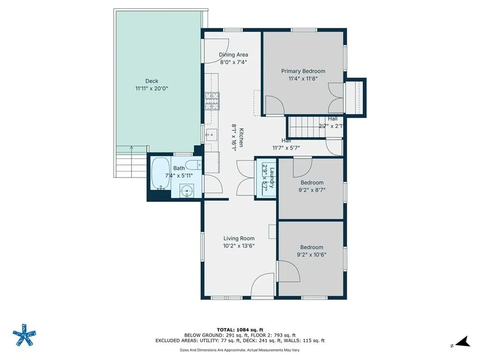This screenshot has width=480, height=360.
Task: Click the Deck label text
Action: click(151, 81)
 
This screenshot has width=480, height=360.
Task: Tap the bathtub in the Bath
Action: click(160, 173)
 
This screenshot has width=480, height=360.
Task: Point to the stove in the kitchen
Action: click(211, 101)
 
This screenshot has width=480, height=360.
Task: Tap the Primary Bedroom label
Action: click(303, 71)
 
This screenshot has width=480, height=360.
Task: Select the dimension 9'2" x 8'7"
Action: click(312, 190)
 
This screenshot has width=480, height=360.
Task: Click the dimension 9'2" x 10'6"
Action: click(312, 255)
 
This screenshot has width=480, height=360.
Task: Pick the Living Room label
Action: click(239, 238)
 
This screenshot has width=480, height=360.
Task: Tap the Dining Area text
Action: click(233, 55)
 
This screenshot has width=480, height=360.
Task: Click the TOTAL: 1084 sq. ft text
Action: click(240, 329)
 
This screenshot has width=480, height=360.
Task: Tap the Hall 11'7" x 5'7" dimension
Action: click(286, 148)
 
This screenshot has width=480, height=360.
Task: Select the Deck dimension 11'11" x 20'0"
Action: click(151, 88)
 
